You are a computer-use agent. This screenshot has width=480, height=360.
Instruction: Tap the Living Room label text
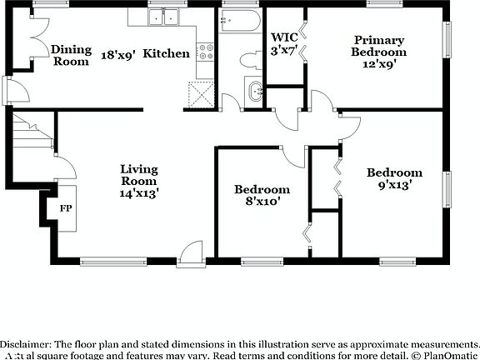[139, 175]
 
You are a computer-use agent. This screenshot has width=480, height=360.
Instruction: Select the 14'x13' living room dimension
[139, 192]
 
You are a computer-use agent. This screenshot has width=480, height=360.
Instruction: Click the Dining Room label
[71, 55]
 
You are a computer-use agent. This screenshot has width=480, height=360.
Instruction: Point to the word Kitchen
[166, 53]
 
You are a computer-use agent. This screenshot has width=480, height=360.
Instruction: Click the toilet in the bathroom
[247, 59]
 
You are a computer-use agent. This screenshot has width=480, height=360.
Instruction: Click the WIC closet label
[284, 37]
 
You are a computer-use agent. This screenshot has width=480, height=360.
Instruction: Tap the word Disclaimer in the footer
[26, 344]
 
